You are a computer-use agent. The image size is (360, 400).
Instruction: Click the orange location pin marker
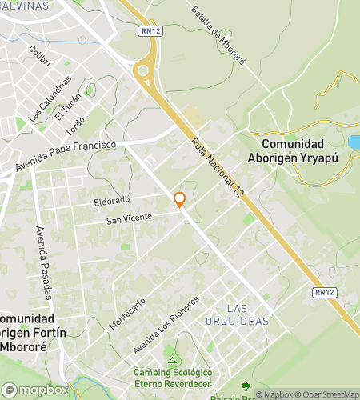[x=180, y=200]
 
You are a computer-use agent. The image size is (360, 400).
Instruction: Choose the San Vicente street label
[x=129, y=218]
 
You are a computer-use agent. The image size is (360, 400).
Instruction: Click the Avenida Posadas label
[x=43, y=262]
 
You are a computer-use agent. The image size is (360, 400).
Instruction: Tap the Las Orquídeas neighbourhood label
[x=247, y=314]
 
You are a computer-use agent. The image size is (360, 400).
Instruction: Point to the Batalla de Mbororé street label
[x=217, y=26]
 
